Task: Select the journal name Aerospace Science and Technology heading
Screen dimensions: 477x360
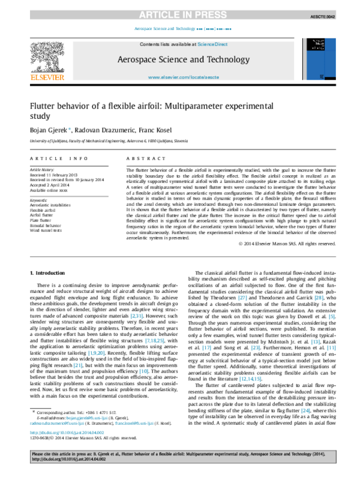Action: coord(180,60)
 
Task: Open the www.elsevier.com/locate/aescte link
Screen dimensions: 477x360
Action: coord(180,78)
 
